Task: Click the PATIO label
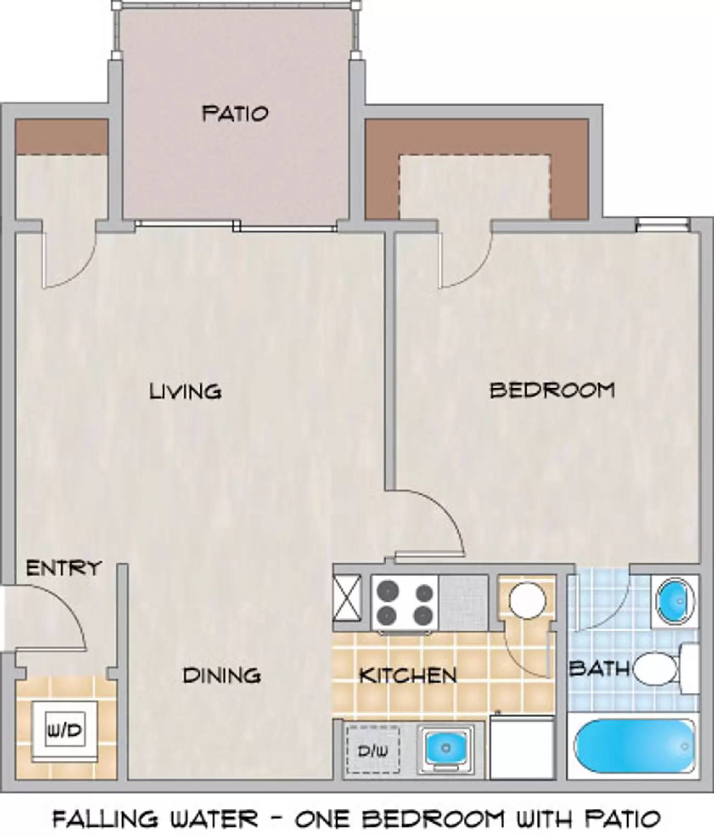(x=235, y=113)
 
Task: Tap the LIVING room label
(x=185, y=391)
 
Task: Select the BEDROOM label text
(x=552, y=390)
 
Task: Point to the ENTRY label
(x=63, y=568)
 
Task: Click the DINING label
(x=221, y=676)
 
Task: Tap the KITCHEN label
(x=408, y=676)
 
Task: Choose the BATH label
(x=599, y=668)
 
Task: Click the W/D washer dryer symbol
(x=65, y=730)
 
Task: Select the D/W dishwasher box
(x=373, y=750)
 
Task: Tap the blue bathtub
(x=634, y=748)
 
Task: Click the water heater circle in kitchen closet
(x=527, y=601)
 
